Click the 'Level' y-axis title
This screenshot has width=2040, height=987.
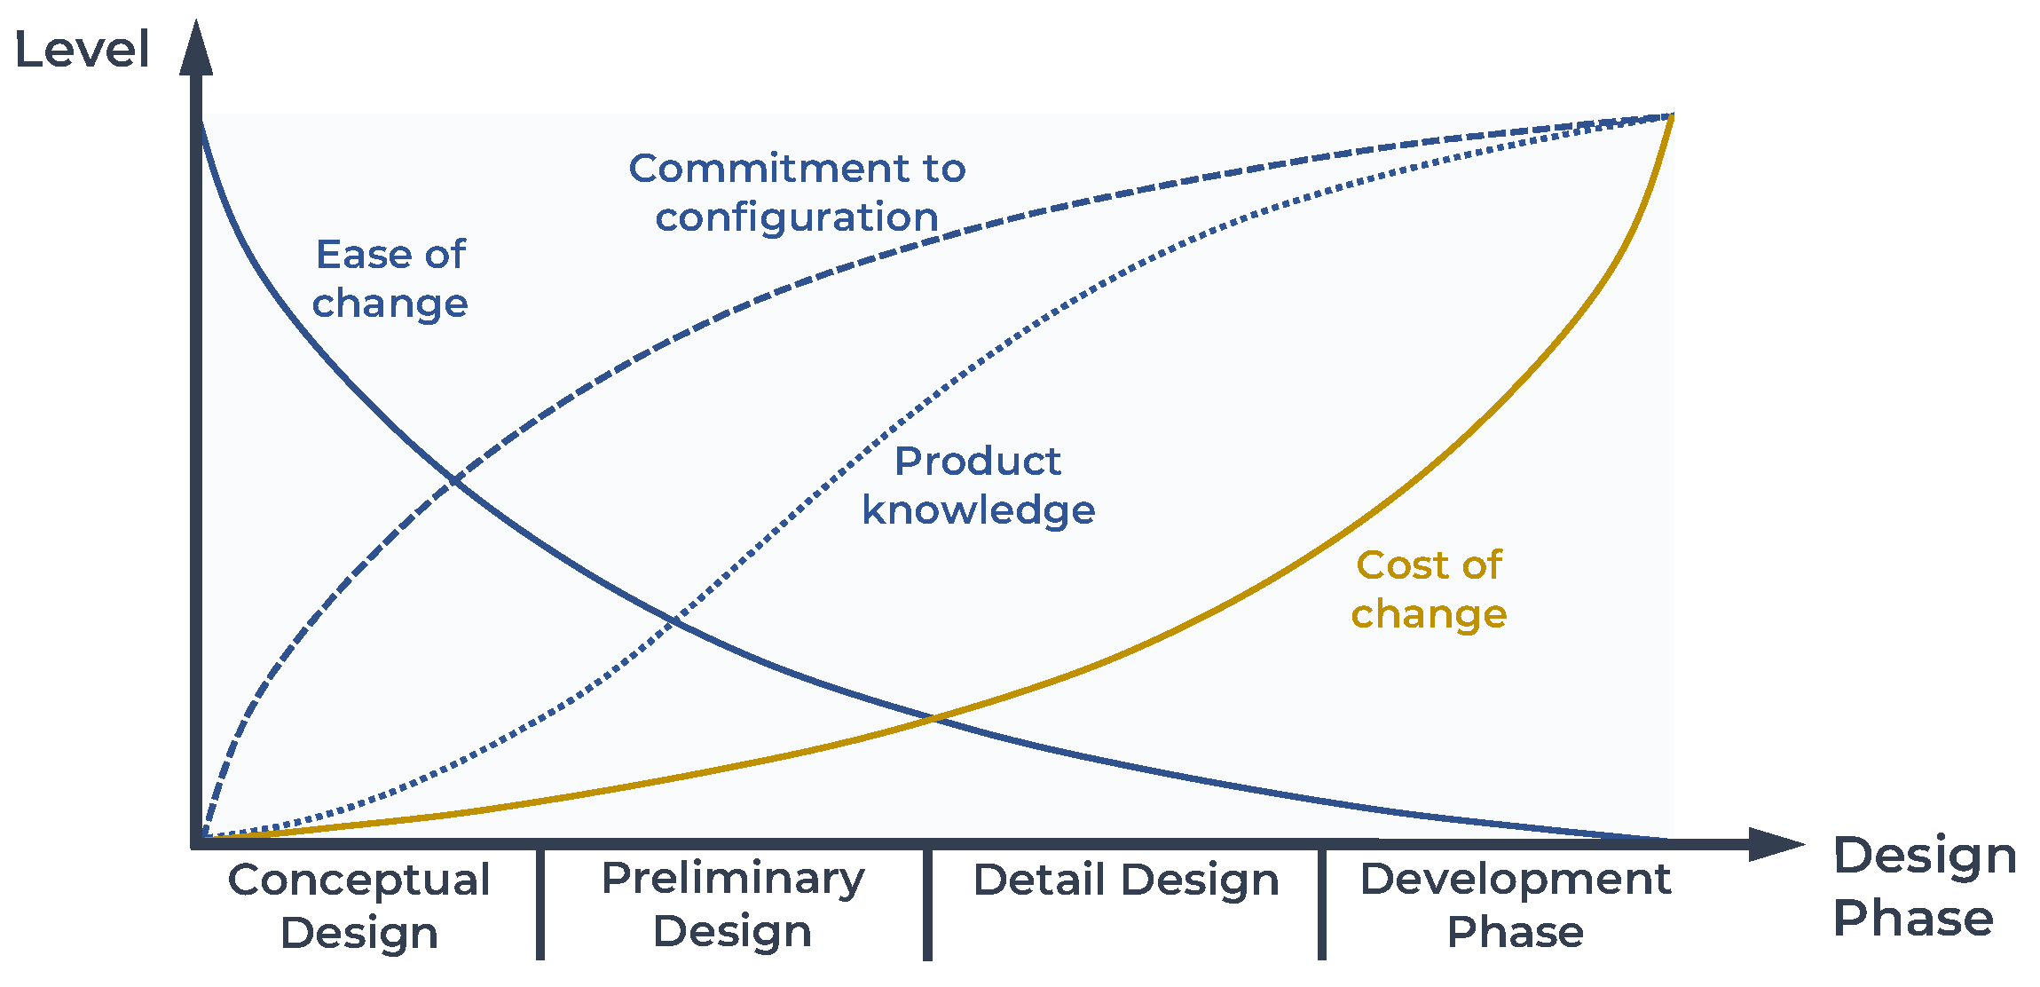[x=82, y=50]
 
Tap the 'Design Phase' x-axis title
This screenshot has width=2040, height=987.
[x=1925, y=887]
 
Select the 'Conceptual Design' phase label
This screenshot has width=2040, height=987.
[x=359, y=906]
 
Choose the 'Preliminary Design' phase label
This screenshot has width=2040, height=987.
[x=733, y=904]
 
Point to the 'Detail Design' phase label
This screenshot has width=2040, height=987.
[x=1126, y=880]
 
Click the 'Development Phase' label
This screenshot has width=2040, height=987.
[x=1516, y=905]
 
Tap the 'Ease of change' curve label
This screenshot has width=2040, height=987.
[x=390, y=279]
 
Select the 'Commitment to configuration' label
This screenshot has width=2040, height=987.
[x=797, y=193]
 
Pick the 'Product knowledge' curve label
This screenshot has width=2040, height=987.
[x=979, y=486]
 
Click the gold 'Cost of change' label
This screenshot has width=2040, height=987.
[x=1429, y=589]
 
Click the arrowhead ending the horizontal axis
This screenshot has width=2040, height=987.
[x=1776, y=844]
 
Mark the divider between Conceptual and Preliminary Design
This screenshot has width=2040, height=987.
[x=540, y=904]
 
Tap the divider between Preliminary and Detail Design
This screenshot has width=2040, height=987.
[x=927, y=904]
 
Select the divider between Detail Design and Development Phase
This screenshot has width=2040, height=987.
[x=1322, y=904]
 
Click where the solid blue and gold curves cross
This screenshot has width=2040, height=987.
[x=934, y=718]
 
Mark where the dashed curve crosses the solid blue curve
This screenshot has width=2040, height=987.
[x=453, y=480]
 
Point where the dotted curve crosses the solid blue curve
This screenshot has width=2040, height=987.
[x=674, y=620]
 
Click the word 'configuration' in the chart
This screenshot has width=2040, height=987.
[x=797, y=217]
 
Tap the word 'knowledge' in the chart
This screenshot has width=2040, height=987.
[x=979, y=510]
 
